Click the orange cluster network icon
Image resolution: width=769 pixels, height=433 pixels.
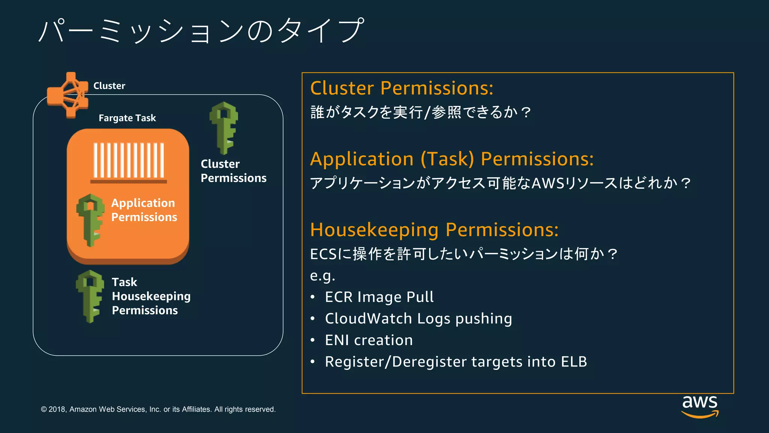68,95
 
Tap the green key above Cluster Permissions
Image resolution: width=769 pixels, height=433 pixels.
224,128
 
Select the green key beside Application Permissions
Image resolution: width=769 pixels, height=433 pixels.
90,220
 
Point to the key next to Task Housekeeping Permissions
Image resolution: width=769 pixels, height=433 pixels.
90,296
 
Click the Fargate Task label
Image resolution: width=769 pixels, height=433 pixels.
127,118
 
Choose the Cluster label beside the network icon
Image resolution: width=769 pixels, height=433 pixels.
109,86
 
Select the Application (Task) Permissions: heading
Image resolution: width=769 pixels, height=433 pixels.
452,159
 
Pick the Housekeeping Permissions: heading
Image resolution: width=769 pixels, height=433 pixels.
434,230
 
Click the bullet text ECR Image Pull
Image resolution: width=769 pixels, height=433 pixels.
379,297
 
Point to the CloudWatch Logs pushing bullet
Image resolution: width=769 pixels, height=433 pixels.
418,319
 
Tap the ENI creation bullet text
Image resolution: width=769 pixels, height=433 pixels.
369,340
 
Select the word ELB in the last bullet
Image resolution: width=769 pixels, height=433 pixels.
574,362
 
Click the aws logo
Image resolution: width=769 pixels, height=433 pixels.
700,406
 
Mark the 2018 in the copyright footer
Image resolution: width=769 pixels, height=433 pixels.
57,409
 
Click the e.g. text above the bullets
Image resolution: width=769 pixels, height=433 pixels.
322,276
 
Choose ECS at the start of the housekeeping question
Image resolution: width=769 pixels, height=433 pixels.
323,254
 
